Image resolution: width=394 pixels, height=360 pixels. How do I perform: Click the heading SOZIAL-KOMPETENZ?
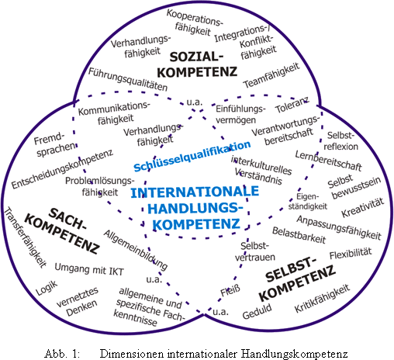[197, 64]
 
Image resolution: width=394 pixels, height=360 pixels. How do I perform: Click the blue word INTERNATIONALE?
[195, 192]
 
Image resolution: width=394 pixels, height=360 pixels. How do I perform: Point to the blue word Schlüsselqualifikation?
[192, 157]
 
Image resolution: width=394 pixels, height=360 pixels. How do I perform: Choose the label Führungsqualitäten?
[128, 79]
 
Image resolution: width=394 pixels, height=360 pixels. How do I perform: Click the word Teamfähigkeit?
[271, 75]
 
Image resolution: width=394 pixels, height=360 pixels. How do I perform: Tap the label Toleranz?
[292, 106]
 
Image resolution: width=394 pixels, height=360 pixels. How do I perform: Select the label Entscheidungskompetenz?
[62, 169]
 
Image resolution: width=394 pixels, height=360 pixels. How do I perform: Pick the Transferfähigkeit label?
[26, 237]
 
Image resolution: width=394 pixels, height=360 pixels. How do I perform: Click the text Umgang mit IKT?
[89, 269]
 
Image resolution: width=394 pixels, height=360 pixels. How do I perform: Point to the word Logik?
[47, 288]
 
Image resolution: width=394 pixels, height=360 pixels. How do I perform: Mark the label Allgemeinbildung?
[136, 251]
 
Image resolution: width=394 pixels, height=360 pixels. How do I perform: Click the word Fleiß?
[230, 291]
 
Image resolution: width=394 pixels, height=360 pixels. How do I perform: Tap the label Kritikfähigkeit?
[322, 299]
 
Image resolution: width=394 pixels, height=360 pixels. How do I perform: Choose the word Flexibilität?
[351, 254]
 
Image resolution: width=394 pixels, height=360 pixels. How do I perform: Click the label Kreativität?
[362, 208]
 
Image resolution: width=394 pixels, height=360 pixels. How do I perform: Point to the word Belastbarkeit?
[299, 235]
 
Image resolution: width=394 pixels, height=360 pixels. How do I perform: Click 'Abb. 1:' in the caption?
[62, 354]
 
